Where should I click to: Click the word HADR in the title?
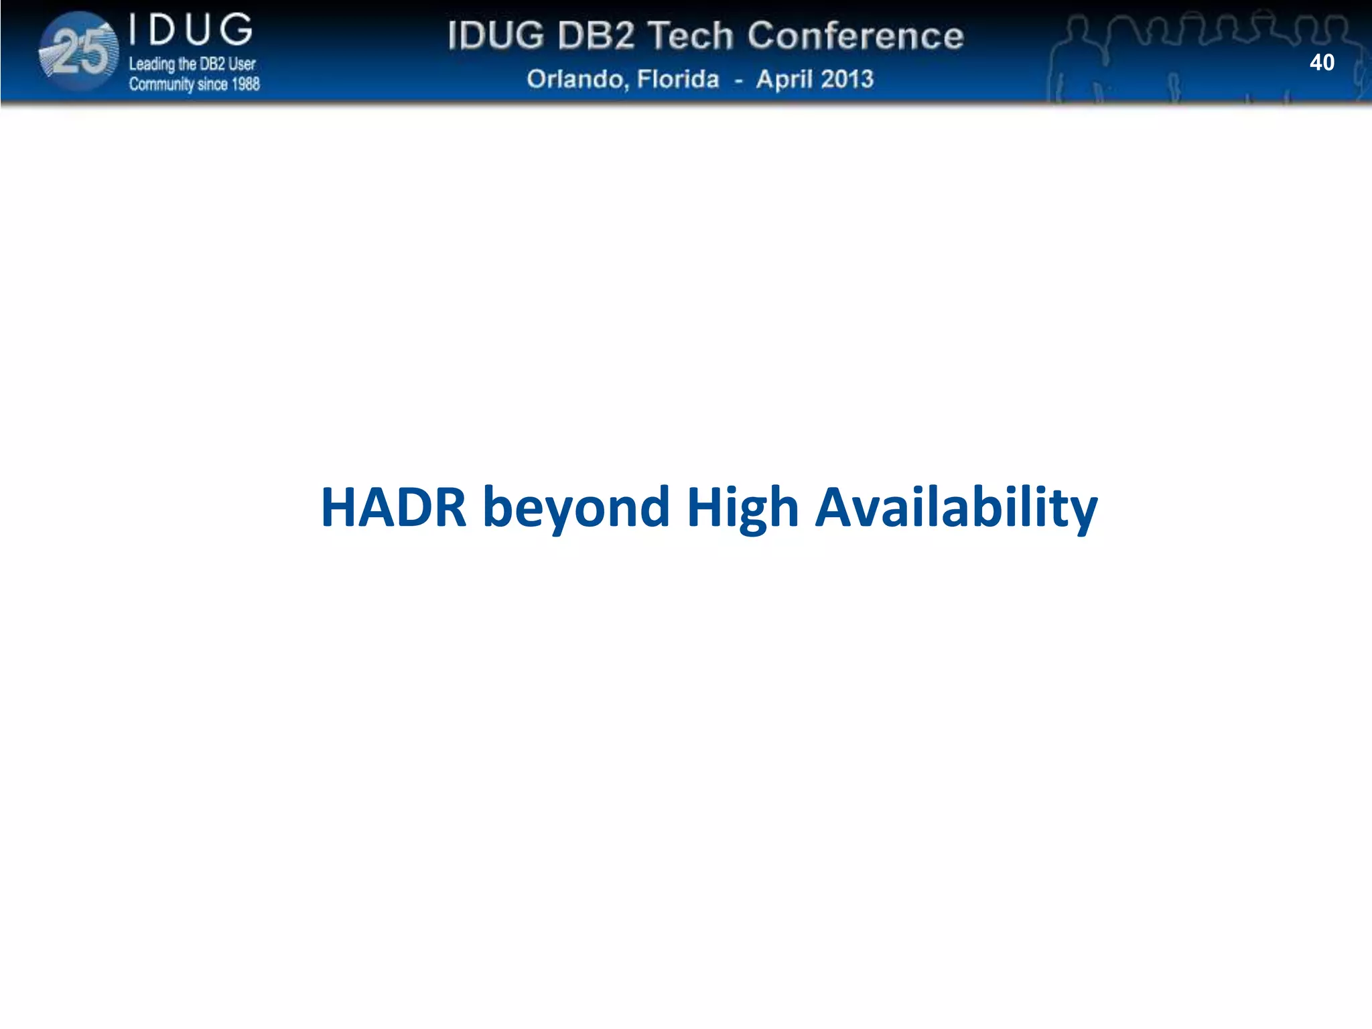[x=393, y=507]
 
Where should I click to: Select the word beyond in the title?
[x=576, y=507]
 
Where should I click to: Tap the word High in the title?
[x=742, y=507]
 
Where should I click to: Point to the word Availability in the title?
[x=956, y=507]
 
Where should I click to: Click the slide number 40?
[x=1322, y=62]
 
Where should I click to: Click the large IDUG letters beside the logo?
[x=191, y=31]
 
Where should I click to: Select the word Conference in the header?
[x=855, y=36]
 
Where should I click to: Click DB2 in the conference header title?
[x=596, y=36]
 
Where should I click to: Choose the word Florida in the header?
[x=677, y=79]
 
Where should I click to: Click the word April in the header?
[x=784, y=80]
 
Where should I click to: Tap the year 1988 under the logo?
[x=245, y=84]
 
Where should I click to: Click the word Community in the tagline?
[x=161, y=84]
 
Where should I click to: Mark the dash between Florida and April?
[x=738, y=80]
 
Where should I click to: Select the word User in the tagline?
[x=242, y=64]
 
